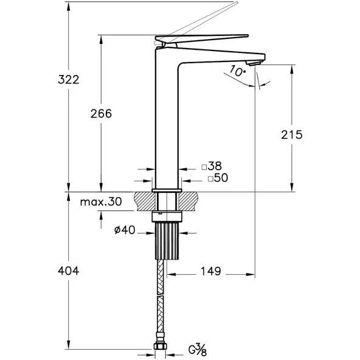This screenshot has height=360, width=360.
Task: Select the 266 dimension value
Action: pyautogui.click(x=101, y=114)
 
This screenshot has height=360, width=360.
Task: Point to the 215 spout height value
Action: pyautogui.click(x=292, y=135)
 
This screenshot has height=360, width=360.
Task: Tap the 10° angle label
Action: pyautogui.click(x=237, y=72)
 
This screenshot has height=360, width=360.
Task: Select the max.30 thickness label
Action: pyautogui.click(x=101, y=202)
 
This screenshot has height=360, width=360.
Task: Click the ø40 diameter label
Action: pyautogui.click(x=123, y=231)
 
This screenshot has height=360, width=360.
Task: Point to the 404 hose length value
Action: pyautogui.click(x=68, y=271)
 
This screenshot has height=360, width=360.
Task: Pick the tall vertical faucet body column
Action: pyautogui.click(x=167, y=122)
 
